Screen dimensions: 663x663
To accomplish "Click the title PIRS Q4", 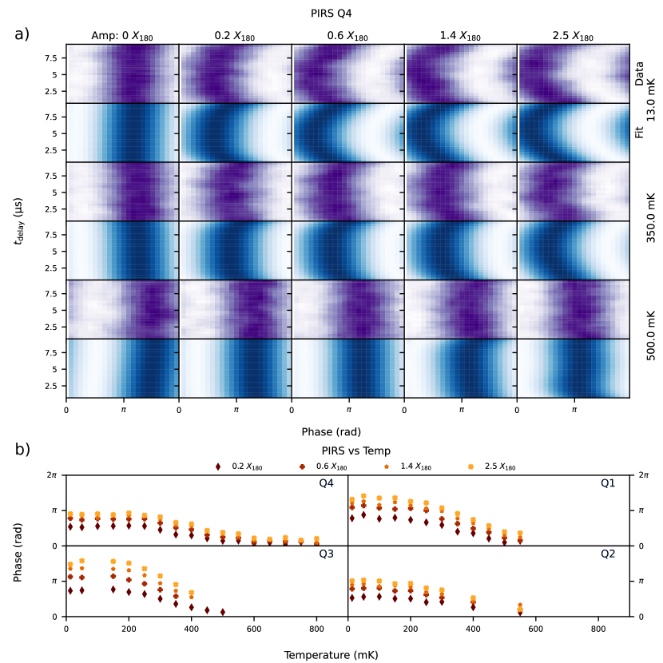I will coord(331,13).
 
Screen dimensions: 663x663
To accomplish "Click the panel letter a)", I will coord(22,34).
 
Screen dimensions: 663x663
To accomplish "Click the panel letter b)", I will coord(22,449).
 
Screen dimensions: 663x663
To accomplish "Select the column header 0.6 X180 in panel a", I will coord(347,37).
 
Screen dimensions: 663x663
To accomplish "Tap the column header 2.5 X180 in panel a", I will coord(573,37).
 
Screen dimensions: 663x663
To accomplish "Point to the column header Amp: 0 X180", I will coord(122,37).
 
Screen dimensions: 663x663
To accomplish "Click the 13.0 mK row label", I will coord(650,103).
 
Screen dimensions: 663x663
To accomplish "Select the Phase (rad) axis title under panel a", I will coord(331,431).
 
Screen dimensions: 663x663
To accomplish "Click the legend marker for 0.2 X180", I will coord(217,466).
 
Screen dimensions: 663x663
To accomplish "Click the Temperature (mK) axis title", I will coord(331,654).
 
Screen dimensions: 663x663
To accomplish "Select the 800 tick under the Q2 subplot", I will coord(598,629).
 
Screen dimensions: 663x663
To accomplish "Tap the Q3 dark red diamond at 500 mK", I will coord(223,612).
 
